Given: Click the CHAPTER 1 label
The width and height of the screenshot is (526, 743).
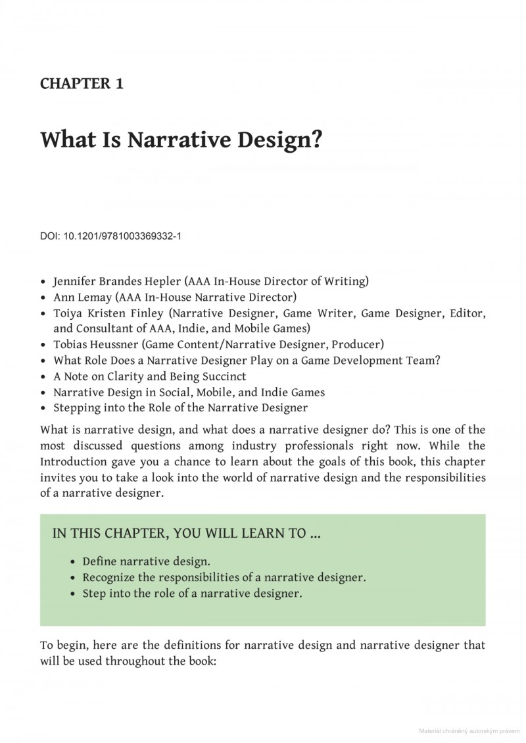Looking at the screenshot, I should tap(82, 84).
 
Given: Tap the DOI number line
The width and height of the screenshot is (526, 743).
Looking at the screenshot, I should tap(110, 235).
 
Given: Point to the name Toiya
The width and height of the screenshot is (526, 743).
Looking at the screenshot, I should tap(70, 313).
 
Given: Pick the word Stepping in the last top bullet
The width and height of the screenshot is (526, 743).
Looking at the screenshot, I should tap(76, 408).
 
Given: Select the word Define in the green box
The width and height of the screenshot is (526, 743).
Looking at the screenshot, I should tap(100, 562).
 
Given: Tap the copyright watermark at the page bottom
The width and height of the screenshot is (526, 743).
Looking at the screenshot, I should tap(467, 731).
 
